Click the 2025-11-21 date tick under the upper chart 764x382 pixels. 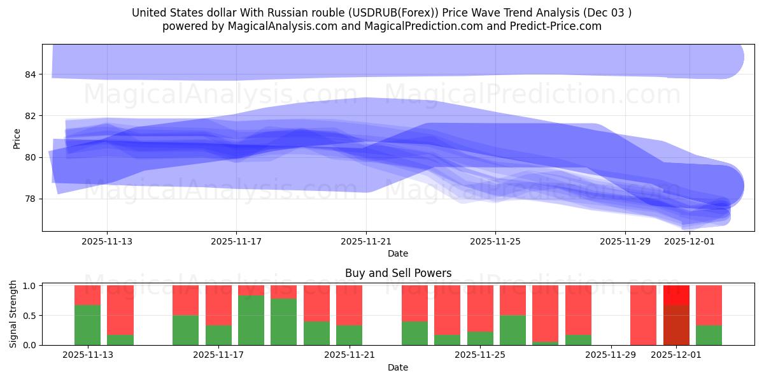[x=366, y=241]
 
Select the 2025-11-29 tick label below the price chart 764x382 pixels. [x=625, y=241]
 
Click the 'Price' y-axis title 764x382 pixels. [x=17, y=138]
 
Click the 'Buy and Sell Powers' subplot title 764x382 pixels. [x=398, y=273]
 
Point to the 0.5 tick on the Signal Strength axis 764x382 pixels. [x=29, y=315]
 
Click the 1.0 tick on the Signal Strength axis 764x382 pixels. [x=29, y=286]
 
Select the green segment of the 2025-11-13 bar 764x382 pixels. [x=87, y=325]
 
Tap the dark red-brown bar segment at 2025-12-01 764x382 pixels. [x=676, y=325]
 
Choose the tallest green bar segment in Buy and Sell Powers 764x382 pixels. [x=251, y=320]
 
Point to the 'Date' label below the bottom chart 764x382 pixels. [x=398, y=367]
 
